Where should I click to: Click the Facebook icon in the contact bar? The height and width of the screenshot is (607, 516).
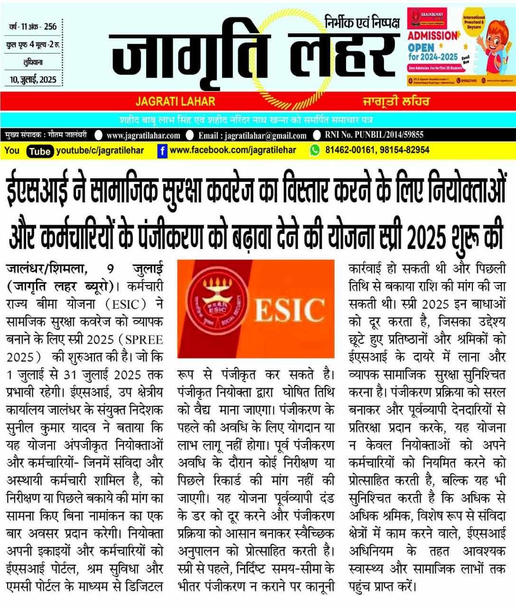(162, 151)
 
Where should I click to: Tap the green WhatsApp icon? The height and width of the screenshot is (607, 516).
(315, 150)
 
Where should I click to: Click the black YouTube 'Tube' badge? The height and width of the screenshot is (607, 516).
(39, 151)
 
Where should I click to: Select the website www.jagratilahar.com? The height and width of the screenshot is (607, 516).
(143, 136)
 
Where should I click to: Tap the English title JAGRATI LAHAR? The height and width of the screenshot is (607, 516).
(175, 101)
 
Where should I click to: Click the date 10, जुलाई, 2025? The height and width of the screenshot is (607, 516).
(33, 80)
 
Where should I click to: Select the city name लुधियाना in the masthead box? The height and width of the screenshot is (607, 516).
(33, 62)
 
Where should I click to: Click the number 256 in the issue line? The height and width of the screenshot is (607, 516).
(50, 27)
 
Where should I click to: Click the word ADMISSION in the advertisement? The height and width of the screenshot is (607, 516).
(432, 36)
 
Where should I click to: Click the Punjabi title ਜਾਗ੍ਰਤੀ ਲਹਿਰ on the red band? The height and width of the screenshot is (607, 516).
(396, 101)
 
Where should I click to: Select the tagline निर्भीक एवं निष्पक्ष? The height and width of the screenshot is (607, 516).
(362, 22)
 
